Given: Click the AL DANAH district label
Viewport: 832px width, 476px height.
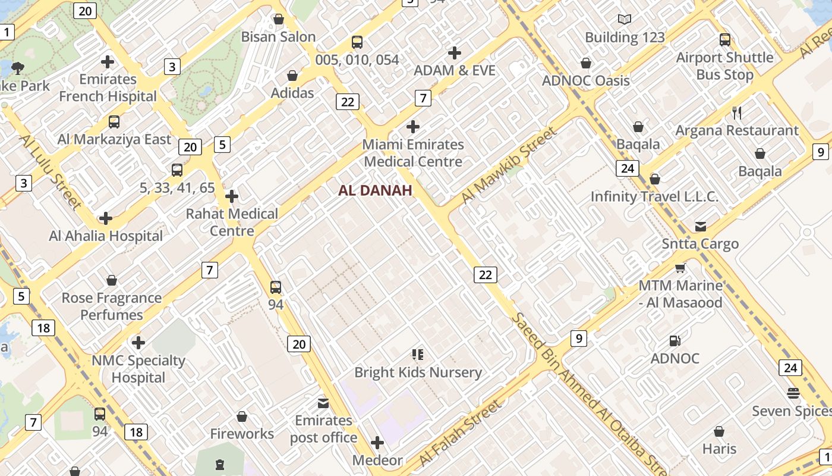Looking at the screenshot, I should coord(375,190).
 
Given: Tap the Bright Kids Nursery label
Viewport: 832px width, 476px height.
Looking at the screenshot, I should coord(418,372).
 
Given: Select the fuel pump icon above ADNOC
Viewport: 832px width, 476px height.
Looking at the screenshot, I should coord(675,341).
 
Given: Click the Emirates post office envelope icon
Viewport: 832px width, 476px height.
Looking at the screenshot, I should coord(323,403).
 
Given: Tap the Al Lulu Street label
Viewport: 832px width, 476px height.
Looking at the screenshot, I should coord(51,172).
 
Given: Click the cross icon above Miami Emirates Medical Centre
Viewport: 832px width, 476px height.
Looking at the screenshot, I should coord(412,127).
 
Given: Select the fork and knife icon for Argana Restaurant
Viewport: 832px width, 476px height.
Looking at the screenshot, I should coord(737,113).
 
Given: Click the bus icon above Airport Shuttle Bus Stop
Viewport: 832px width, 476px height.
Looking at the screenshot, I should coord(724,40).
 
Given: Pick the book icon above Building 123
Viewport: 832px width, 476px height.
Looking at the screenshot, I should coord(624,20).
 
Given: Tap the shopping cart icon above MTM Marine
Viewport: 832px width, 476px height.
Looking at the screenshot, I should coord(680,268).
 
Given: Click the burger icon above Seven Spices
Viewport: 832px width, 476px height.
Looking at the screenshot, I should coord(793,393).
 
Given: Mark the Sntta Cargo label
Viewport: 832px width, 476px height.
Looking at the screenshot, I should coord(700,243).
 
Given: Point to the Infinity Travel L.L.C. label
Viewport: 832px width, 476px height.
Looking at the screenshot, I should coord(654,196).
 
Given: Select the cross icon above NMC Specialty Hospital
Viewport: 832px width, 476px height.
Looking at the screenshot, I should coord(138,343).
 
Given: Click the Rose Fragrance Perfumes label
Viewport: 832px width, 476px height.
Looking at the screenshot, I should coord(112,306).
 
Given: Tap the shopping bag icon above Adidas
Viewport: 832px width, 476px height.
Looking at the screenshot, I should coord(292,76).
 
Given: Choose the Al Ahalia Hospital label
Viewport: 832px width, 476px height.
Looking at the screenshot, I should coord(106,236).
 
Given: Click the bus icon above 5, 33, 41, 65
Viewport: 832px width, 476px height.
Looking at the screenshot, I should coord(177,170).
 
